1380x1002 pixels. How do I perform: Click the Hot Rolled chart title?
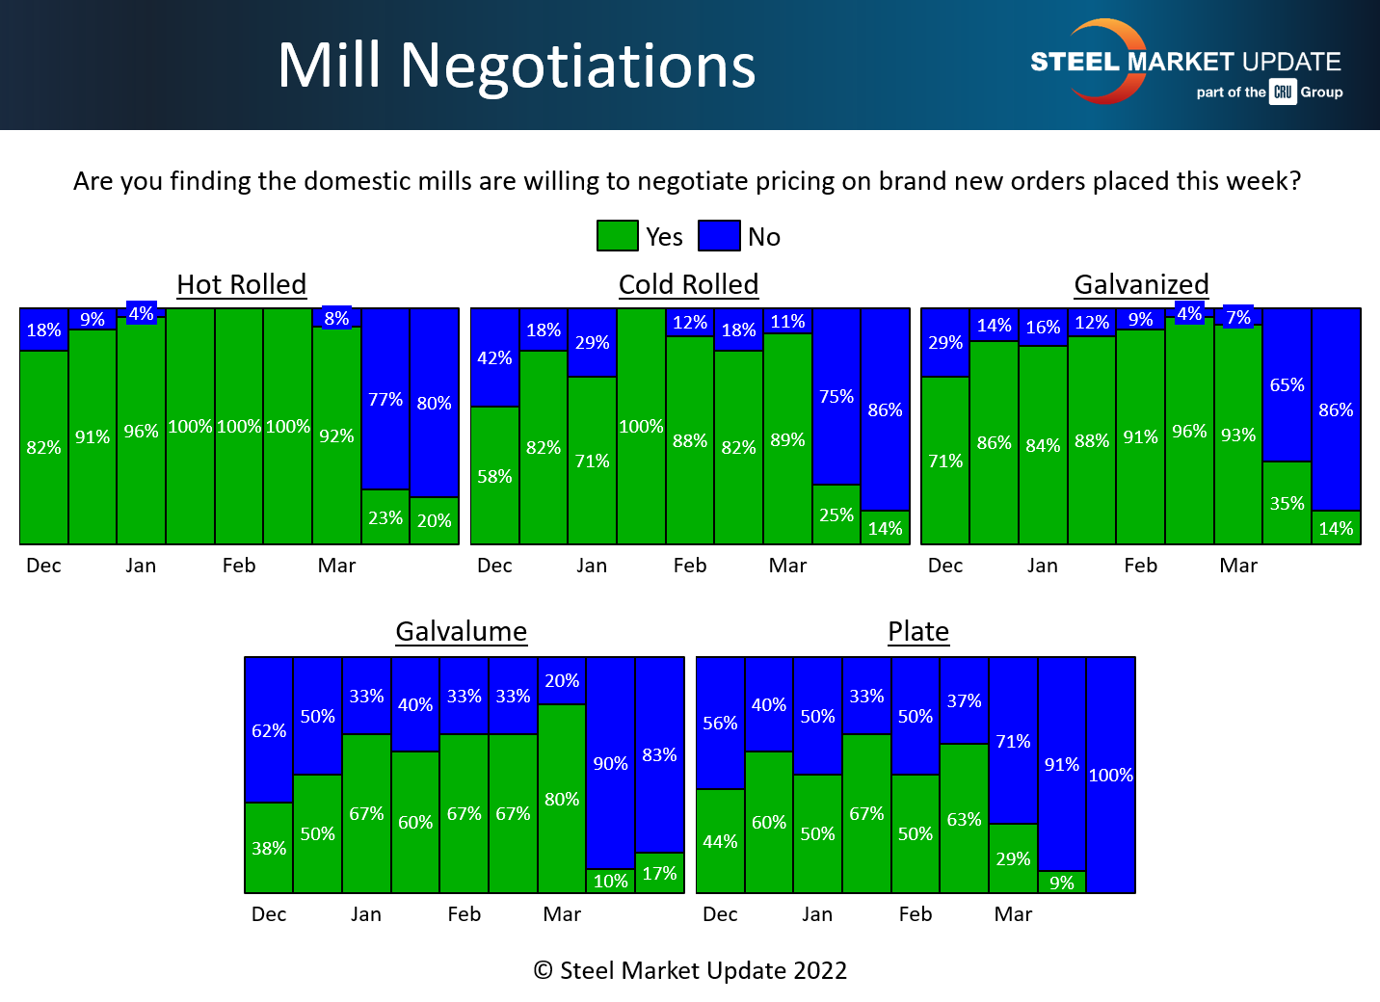(242, 285)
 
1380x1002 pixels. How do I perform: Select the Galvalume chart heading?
(462, 632)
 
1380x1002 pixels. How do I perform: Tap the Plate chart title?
(918, 632)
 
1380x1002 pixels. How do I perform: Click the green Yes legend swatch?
(618, 236)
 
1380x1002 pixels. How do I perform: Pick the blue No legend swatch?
(719, 236)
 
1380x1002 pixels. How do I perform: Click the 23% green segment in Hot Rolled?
(385, 517)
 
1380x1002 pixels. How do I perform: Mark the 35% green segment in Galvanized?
(1287, 503)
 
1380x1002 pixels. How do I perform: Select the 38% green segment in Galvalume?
(269, 848)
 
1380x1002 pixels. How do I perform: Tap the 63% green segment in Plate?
(965, 819)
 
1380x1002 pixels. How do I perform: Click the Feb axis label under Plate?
(916, 914)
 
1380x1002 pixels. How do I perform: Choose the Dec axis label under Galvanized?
(945, 566)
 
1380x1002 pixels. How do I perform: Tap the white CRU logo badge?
(1283, 92)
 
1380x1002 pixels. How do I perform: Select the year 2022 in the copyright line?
(820, 970)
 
